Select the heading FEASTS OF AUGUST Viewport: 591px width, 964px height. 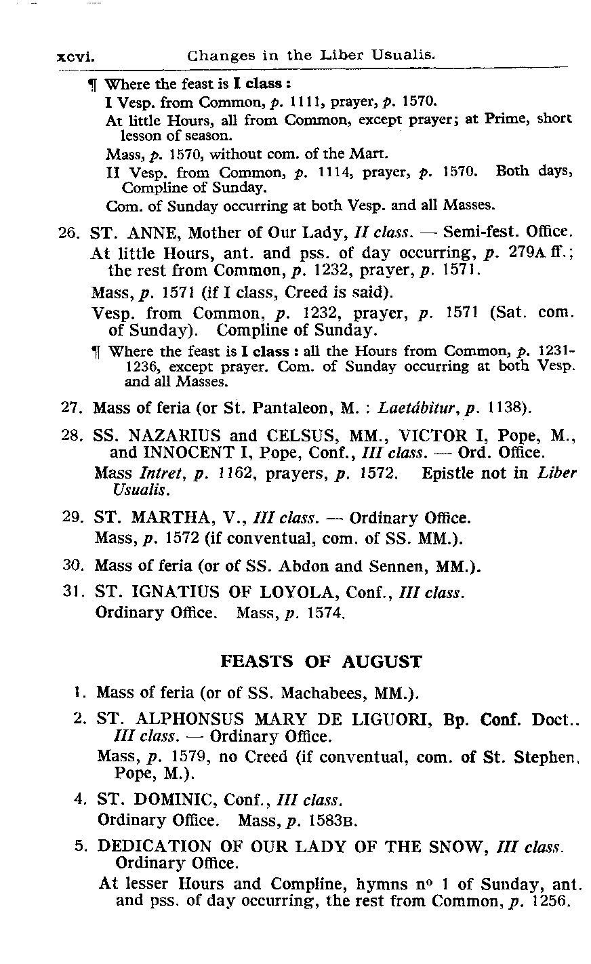point(321,662)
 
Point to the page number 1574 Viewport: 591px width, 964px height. point(328,613)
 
